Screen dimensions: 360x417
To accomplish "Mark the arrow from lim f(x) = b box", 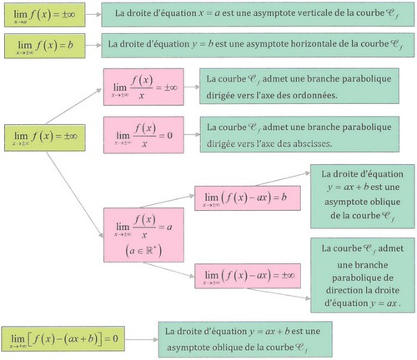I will (x=89, y=44).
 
